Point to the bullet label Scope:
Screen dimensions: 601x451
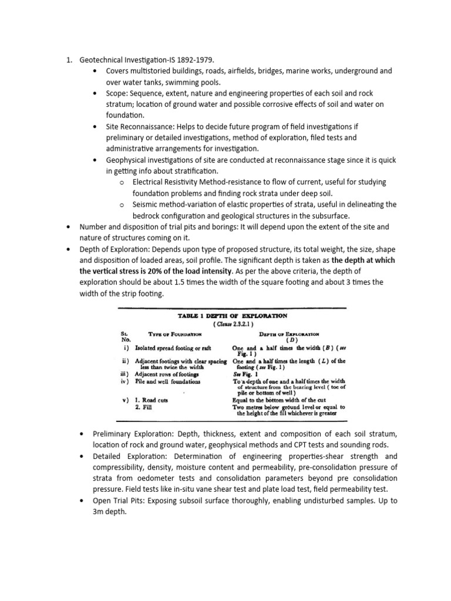click(117, 93)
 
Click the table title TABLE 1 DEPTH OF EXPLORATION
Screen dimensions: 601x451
click(232, 316)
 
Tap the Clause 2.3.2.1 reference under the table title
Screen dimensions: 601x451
click(232, 324)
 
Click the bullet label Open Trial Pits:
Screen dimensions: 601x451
click(123, 501)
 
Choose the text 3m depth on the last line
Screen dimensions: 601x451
click(114, 512)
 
